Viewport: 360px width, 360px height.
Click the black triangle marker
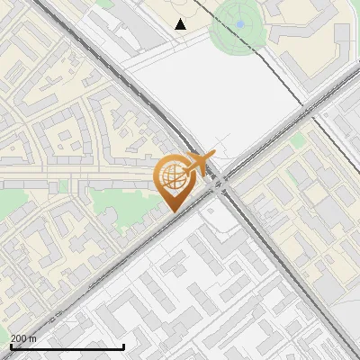181,24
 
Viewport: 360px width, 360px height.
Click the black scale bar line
67,346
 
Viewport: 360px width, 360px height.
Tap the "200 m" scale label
23,338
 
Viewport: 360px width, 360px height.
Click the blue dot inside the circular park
240,24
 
